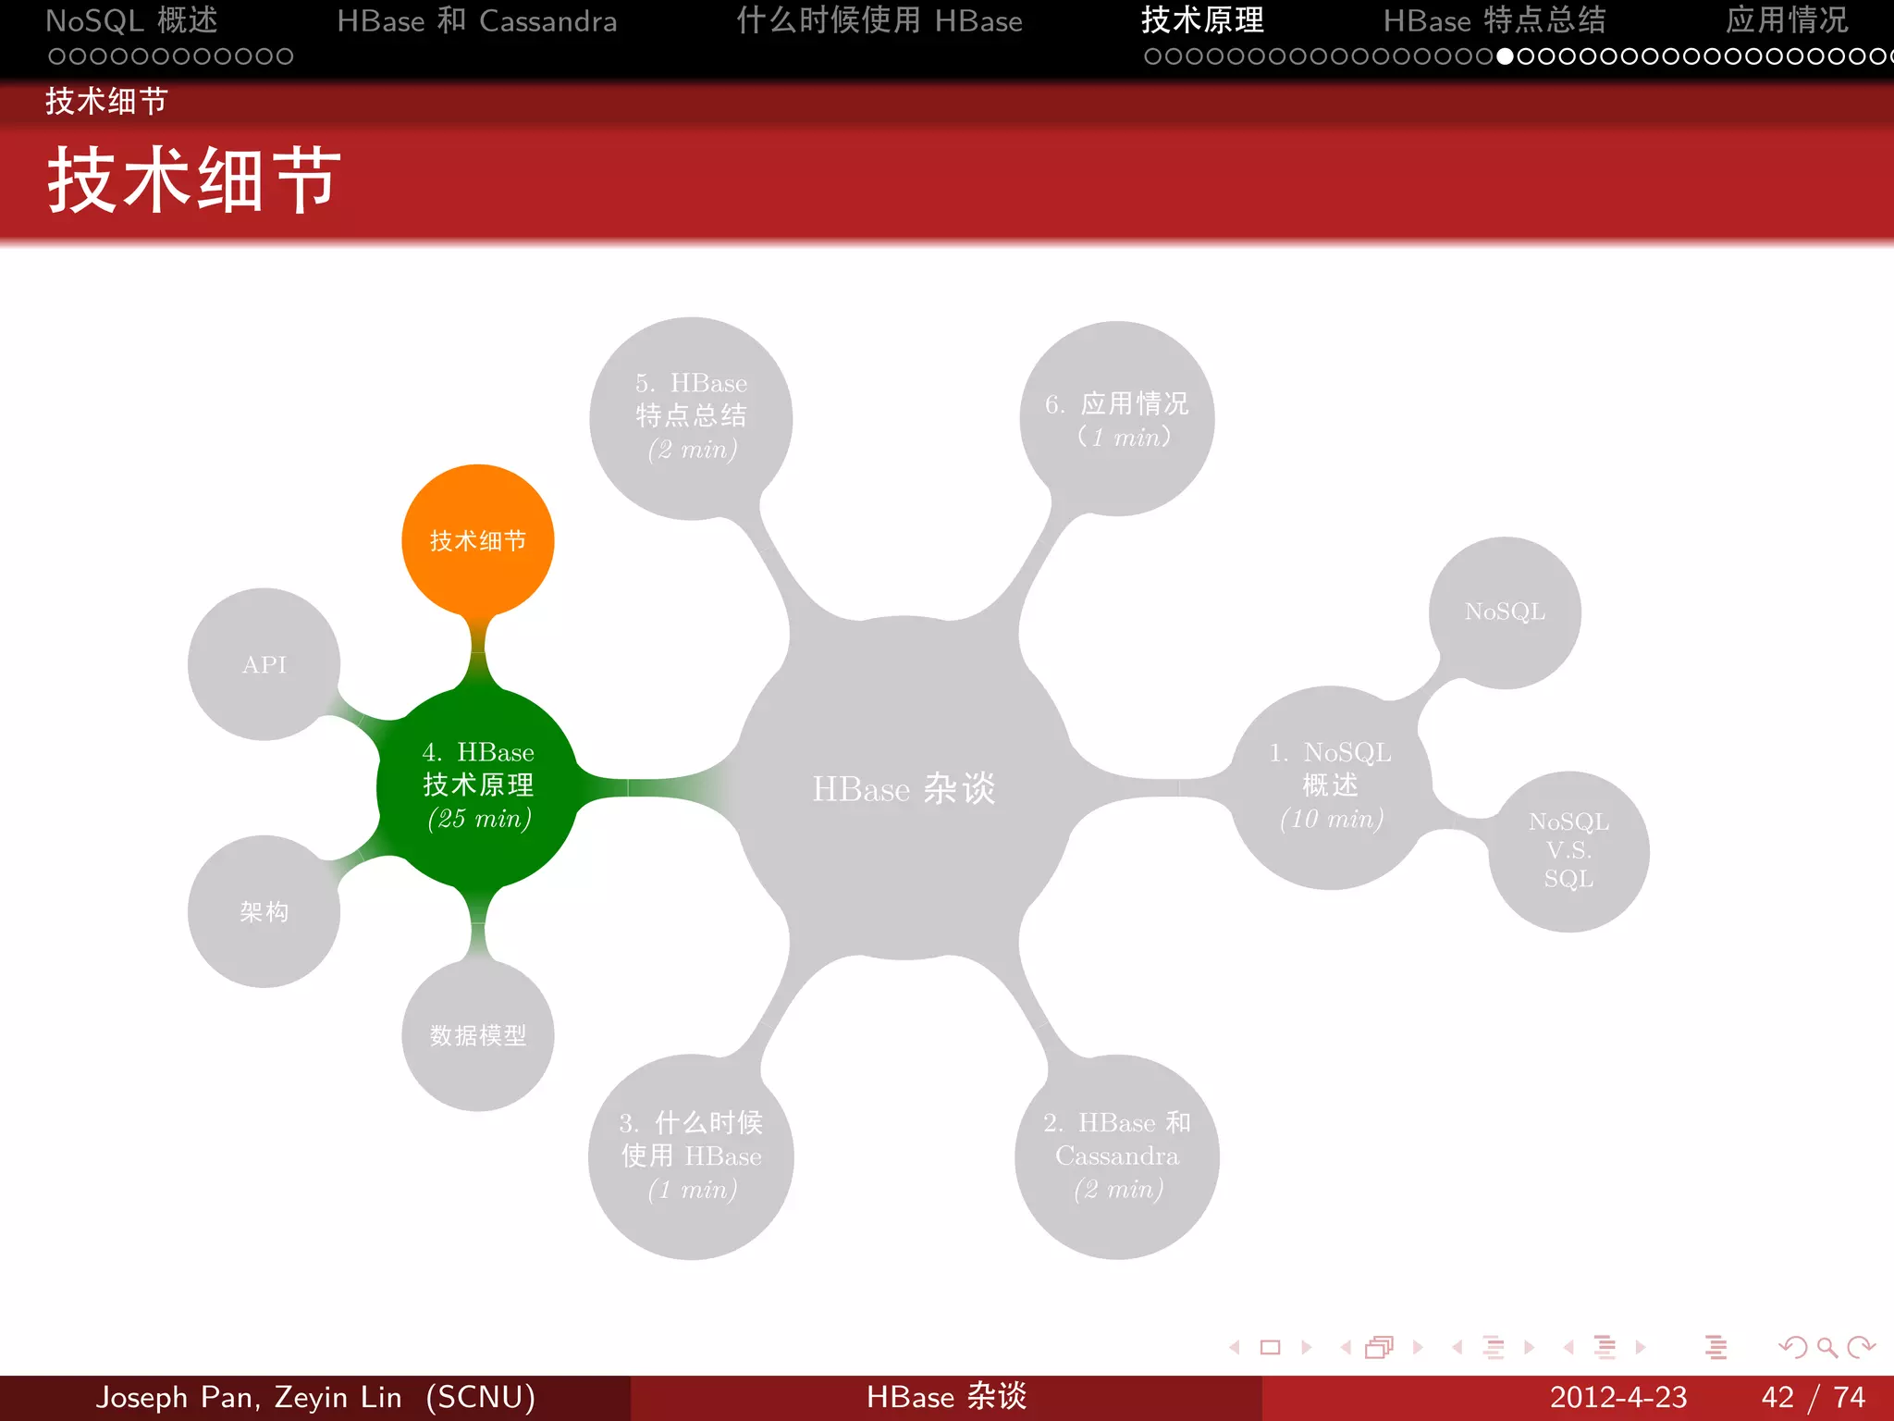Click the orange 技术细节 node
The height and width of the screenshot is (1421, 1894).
coord(477,540)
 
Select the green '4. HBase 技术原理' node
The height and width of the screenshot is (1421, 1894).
coord(477,785)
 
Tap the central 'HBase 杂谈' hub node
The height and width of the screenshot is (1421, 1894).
coord(904,788)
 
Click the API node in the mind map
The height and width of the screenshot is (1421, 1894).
coord(264,664)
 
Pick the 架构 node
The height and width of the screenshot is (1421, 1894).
coord(264,912)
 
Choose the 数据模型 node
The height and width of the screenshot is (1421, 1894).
coord(477,1035)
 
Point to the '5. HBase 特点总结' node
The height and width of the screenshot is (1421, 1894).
coord(691,417)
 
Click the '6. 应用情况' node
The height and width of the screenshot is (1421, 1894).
coord(1117,418)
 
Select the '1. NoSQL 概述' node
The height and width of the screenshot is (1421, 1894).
coord(1331,786)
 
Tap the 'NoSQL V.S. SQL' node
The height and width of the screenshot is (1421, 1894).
coord(1568,850)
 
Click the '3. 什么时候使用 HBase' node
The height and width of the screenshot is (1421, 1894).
coord(691,1156)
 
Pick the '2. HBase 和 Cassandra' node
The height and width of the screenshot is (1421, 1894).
coord(1117,1156)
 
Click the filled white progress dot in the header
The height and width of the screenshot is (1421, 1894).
coord(1506,56)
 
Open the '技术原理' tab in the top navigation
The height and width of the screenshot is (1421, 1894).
coord(1202,20)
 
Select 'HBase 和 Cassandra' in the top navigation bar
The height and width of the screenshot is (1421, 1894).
coord(476,20)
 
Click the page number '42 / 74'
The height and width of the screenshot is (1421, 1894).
coord(1813,1397)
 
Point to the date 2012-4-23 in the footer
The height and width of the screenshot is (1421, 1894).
coord(1618,1397)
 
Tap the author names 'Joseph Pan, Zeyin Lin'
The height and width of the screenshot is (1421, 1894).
coord(250,1397)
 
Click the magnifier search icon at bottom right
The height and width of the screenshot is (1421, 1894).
coord(1826,1347)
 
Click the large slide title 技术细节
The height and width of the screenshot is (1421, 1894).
coord(194,180)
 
